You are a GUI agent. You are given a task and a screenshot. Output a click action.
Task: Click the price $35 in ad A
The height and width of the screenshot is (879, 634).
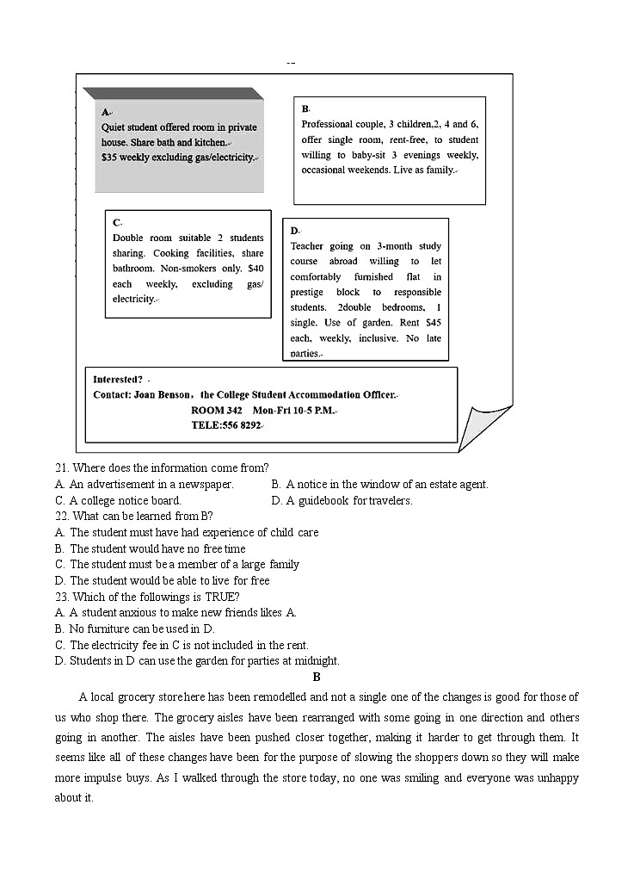(110, 158)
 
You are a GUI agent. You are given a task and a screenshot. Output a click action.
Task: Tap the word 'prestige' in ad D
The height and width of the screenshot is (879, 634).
(308, 292)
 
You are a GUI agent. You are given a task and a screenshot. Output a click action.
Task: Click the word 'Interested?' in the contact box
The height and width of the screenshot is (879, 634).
(118, 380)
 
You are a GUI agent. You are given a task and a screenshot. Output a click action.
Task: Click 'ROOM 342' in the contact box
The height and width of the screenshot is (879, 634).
(216, 411)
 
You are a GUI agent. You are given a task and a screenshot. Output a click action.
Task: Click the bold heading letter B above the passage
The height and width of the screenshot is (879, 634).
(317, 678)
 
